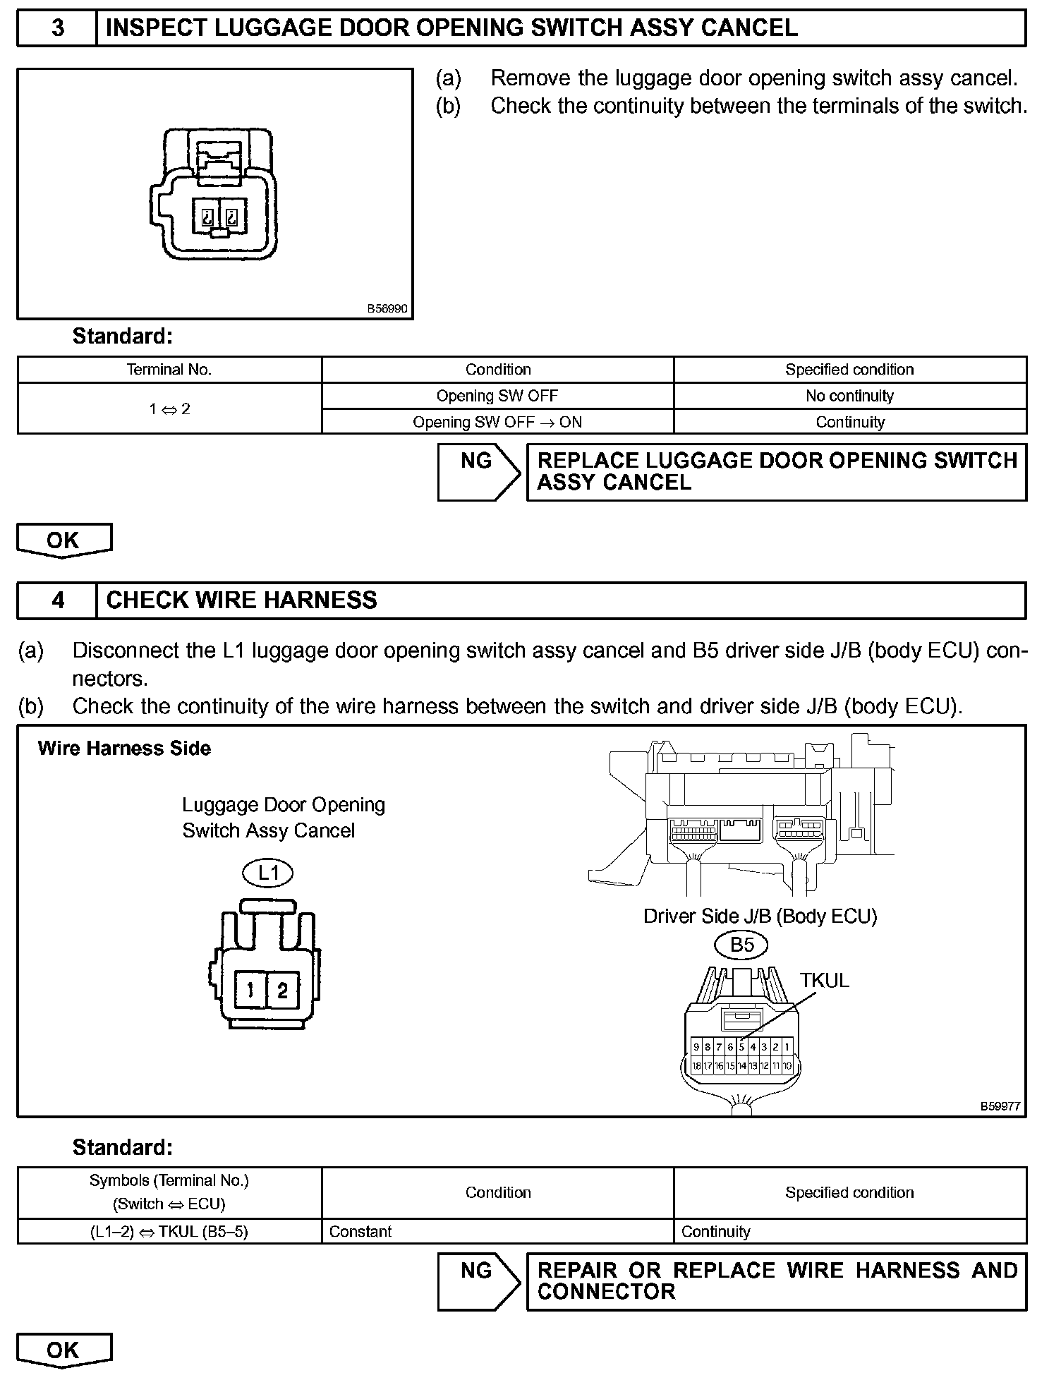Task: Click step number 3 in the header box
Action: [x=58, y=28]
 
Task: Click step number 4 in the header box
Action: [x=58, y=600]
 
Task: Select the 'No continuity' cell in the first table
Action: [x=849, y=396]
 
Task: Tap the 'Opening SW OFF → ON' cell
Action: [x=497, y=422]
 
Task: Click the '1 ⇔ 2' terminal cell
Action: [x=169, y=408]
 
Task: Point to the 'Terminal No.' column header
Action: [x=169, y=370]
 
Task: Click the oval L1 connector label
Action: [x=269, y=873]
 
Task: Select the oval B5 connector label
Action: [x=741, y=945]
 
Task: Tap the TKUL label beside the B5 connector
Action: [x=824, y=981]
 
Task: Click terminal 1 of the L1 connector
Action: [x=250, y=991]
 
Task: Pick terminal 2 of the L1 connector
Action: [x=282, y=991]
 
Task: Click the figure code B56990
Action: [x=387, y=309]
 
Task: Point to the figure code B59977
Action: [x=1000, y=1106]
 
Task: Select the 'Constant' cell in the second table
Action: [x=360, y=1231]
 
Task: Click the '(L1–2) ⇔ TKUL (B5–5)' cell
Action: [x=169, y=1231]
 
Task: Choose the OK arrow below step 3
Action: [x=63, y=540]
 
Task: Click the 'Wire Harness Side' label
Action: [x=124, y=749]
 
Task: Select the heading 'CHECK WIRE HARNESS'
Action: [x=241, y=600]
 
